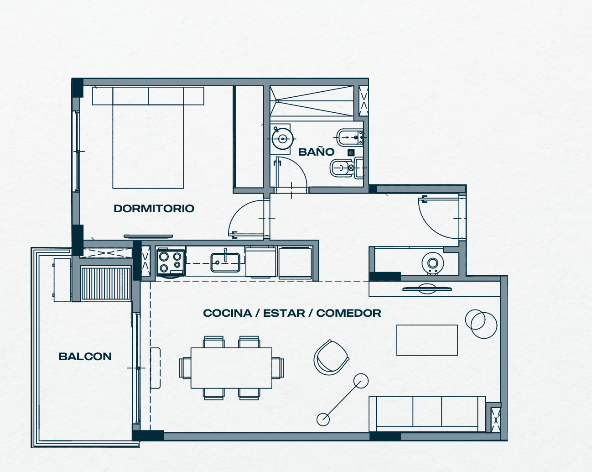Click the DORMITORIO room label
(154, 209)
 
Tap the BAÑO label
(317, 152)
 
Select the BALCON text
(85, 357)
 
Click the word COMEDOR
(349, 313)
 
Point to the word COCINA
(228, 313)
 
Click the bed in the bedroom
(148, 138)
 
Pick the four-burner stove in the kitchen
(171, 262)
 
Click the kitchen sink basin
(225, 262)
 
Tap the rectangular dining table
(231, 367)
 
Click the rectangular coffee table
(427, 340)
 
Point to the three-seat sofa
(427, 414)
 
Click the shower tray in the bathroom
(312, 103)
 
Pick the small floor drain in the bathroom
(351, 152)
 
